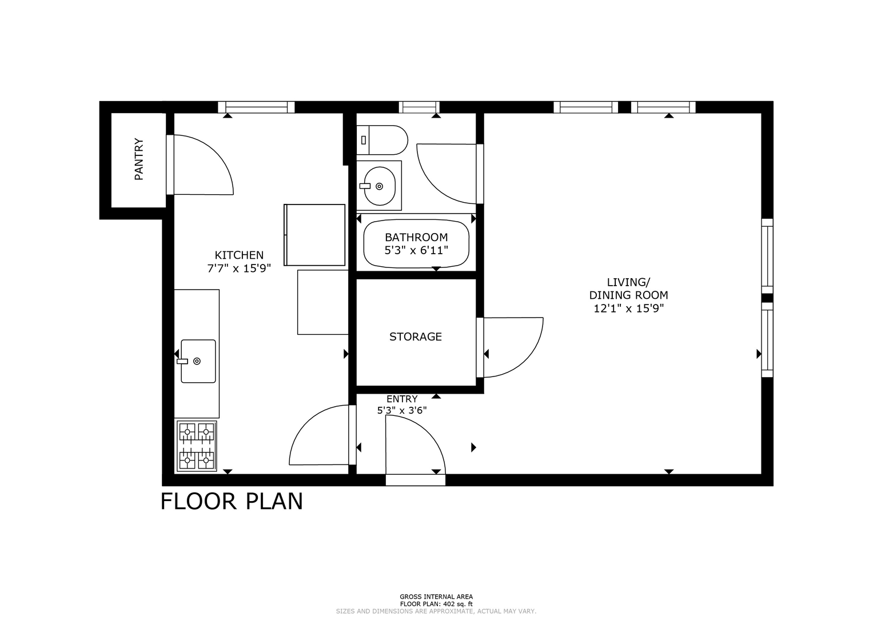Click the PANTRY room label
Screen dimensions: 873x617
(139, 159)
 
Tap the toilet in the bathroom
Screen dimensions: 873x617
(382, 140)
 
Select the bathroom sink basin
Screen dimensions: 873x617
(379, 186)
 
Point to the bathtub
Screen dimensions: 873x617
(416, 245)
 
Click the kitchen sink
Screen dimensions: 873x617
(198, 361)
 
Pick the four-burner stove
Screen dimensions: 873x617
(197, 446)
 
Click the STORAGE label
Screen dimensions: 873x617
(416, 336)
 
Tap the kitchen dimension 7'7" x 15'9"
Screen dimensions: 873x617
(239, 269)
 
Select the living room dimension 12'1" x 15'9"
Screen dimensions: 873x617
(629, 308)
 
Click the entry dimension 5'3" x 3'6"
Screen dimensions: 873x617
(402, 410)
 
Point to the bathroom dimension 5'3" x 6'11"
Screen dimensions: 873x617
(416, 250)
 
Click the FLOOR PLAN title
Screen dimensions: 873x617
(232, 502)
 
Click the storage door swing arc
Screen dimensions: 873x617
(526, 359)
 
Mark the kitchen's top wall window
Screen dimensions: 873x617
(256, 107)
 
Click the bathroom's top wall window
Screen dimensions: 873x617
(419, 107)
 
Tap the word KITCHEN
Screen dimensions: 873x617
(239, 255)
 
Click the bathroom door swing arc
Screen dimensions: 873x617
(434, 187)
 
